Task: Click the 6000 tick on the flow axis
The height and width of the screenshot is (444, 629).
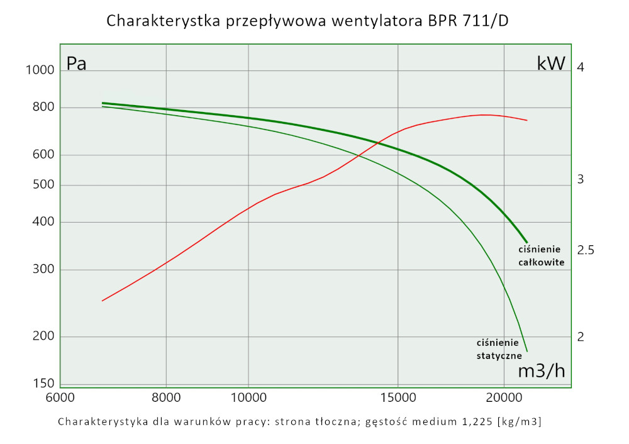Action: (x=60, y=399)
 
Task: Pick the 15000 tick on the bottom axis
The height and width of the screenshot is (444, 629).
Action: (x=398, y=399)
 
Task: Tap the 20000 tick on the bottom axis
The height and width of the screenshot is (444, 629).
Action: (x=504, y=399)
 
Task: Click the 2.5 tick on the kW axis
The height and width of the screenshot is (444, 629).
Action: (x=586, y=250)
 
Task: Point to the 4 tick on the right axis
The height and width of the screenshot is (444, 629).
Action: (x=581, y=67)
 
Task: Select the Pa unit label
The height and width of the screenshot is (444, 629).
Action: (x=77, y=64)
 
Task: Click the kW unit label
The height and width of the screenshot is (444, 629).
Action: (x=551, y=64)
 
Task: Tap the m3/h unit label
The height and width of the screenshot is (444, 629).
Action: (x=541, y=371)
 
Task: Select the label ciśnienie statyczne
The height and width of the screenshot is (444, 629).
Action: (x=498, y=349)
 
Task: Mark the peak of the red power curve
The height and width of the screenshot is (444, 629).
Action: (x=485, y=114)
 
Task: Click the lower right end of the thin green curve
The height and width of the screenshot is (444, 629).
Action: (x=526, y=351)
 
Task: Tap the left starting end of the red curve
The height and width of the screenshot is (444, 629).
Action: (x=103, y=301)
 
